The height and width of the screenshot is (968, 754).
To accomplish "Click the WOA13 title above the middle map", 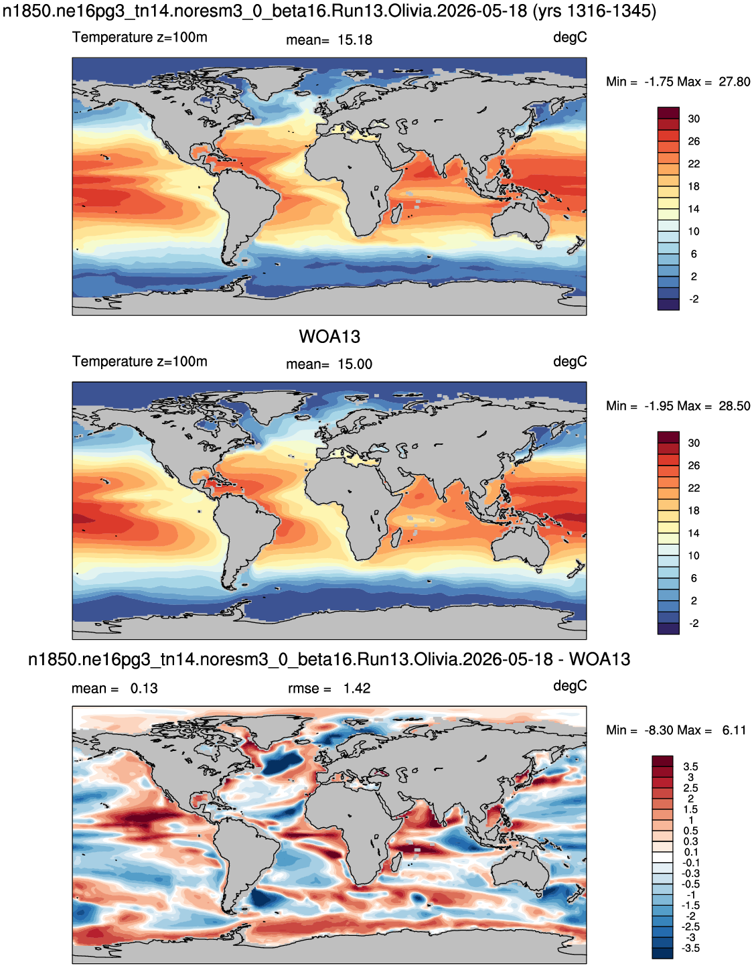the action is (329, 337).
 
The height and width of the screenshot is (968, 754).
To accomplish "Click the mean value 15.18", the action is (355, 40).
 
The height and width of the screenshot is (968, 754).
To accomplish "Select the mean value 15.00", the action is (355, 364).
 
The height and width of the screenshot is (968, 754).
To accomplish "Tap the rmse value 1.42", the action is (356, 689).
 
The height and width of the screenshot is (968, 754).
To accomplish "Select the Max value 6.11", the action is (734, 731).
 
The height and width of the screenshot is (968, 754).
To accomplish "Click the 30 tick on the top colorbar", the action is (694, 119).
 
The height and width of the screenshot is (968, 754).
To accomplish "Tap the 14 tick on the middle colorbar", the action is (694, 533).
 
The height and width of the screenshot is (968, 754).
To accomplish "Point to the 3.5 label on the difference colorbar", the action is (690, 766).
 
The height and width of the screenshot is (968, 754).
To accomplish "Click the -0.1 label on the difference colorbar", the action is (690, 863).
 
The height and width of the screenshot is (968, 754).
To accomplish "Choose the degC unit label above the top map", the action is (570, 38).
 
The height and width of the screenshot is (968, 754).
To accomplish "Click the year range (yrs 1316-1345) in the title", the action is (595, 11).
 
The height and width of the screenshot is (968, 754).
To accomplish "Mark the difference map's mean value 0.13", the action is (144, 689).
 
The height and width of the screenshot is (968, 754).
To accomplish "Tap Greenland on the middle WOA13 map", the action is (271, 405).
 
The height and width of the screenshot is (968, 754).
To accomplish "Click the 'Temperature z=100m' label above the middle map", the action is (140, 361).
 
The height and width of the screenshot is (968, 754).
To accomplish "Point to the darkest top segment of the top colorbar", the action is (668, 113).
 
